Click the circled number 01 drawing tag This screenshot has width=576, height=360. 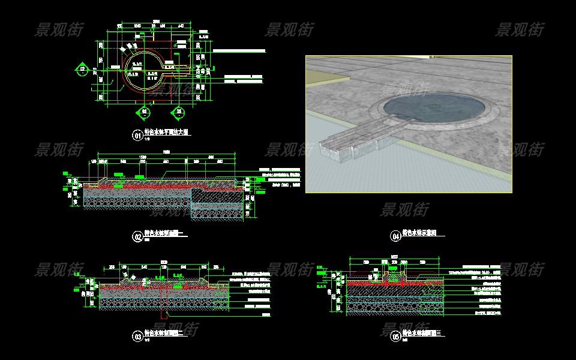pos(137,136)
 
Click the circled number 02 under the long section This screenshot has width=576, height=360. pos(137,236)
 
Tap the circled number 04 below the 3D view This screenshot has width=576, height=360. pos(395,236)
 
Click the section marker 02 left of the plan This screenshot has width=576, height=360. pos(82,70)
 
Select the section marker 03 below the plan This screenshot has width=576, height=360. pos(144,112)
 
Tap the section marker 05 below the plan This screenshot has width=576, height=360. pos(178,112)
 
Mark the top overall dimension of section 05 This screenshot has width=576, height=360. pos(394,257)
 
